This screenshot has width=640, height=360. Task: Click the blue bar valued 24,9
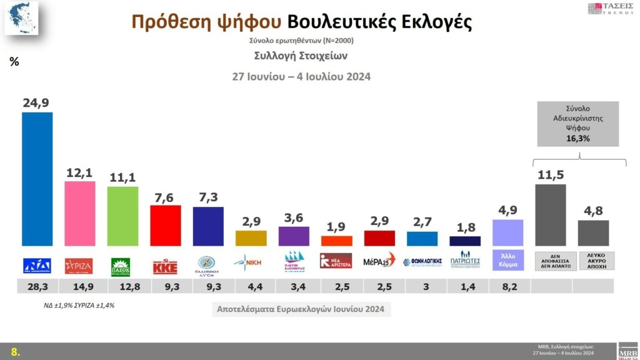(37, 179)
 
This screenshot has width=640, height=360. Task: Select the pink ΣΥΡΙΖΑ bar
(80, 213)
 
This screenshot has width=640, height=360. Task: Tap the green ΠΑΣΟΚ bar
(122, 216)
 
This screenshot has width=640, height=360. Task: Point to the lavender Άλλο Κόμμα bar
(507, 232)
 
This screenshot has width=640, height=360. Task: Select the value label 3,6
(294, 217)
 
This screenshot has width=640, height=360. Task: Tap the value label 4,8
(593, 211)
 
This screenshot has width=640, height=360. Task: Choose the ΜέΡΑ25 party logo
(379, 261)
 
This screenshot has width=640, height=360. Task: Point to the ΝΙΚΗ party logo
(251, 262)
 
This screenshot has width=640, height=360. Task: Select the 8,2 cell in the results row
(507, 287)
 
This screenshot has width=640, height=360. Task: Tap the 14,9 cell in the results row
(80, 287)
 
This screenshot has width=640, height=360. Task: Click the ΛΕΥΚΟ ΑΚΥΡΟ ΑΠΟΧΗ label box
(593, 261)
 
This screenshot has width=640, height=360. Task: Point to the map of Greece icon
(21, 18)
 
